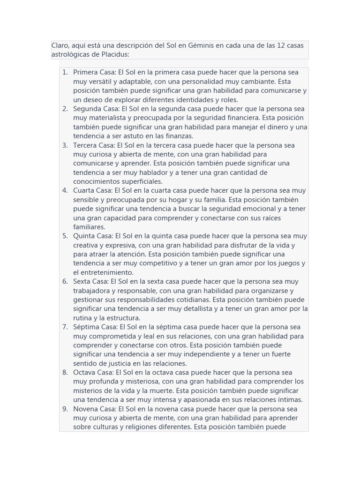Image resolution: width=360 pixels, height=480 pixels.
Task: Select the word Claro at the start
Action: click(x=60, y=45)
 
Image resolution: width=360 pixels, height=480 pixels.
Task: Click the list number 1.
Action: click(x=65, y=73)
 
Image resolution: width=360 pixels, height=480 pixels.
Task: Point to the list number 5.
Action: click(x=65, y=236)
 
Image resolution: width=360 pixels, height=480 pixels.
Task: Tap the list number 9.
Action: click(x=65, y=409)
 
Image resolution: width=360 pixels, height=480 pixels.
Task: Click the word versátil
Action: click(x=104, y=82)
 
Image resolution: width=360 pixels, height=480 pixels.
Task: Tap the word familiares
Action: click(x=89, y=227)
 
